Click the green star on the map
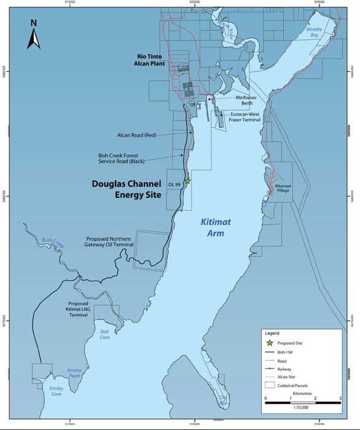pyautogui.click(x=188, y=181)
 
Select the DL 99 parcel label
pyautogui.click(x=174, y=184)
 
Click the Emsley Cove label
pyautogui.click(x=60, y=392)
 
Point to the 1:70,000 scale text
pyautogui.click(x=302, y=407)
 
